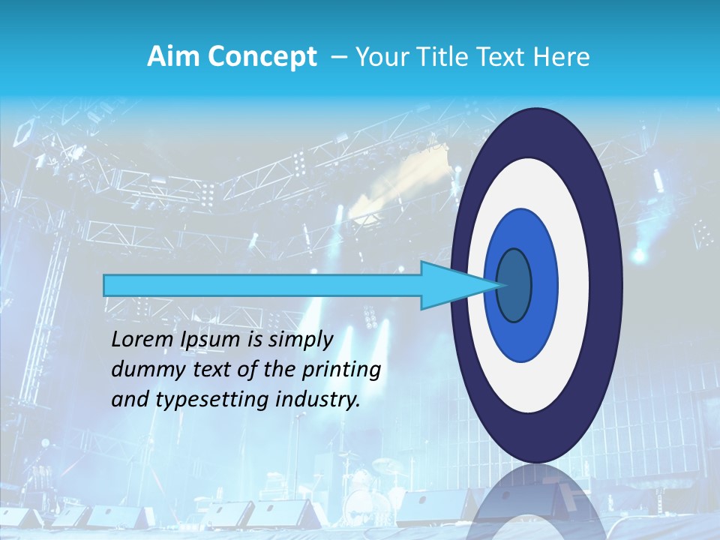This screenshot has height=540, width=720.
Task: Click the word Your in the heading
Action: pyautogui.click(x=378, y=57)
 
